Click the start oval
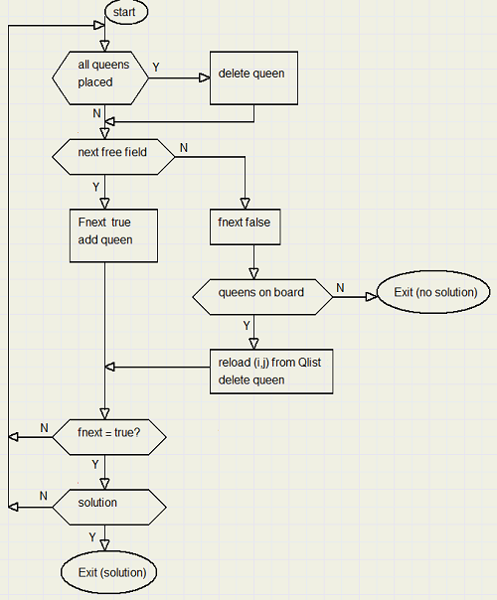click(x=126, y=12)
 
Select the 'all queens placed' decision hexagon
click(x=100, y=78)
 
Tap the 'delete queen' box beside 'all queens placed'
click(x=253, y=78)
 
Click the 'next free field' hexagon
click(x=113, y=157)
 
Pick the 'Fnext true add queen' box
click(x=113, y=235)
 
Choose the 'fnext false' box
click(x=246, y=226)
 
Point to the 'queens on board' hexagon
click(x=262, y=297)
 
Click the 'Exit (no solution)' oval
click(x=433, y=292)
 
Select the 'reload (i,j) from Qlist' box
click(x=271, y=372)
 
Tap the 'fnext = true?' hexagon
click(x=109, y=437)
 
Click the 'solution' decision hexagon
click(x=109, y=507)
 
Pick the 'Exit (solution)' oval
click(x=108, y=572)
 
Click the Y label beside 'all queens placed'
click(x=156, y=68)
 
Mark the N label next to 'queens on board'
click(x=340, y=288)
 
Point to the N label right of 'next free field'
click(x=184, y=148)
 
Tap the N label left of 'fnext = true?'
click(x=44, y=428)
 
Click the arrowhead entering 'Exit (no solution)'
click(x=372, y=297)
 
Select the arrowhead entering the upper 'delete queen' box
click(x=205, y=78)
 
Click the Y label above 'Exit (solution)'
click(x=92, y=537)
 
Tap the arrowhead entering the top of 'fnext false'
click(x=246, y=204)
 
